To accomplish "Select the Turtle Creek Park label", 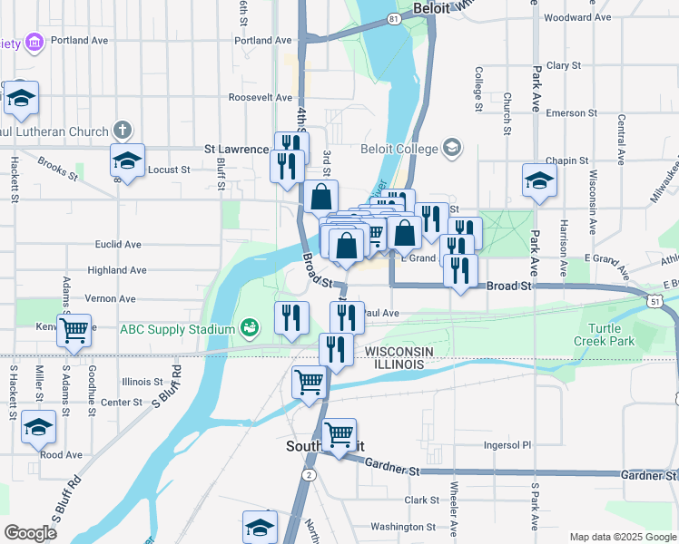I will click(604, 335).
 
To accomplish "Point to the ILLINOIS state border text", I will click(395, 364).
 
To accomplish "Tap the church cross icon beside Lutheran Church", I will click(123, 131).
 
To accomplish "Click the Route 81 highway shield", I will click(392, 18).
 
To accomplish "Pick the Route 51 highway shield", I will click(655, 298).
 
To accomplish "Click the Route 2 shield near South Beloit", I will click(310, 474).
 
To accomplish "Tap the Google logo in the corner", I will click(30, 533).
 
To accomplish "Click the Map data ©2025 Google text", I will click(621, 537).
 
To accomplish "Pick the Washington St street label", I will click(403, 526).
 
